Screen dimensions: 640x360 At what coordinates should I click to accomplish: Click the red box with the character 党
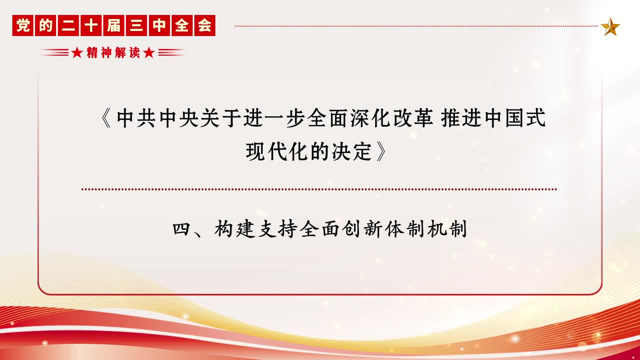[23, 25]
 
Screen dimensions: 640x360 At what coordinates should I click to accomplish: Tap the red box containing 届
[113, 25]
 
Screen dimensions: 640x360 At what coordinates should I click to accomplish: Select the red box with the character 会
[205, 25]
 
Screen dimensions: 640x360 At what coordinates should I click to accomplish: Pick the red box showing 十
[91, 25]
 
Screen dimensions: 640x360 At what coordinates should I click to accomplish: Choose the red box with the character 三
[136, 25]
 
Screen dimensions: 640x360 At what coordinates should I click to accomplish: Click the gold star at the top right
[610, 27]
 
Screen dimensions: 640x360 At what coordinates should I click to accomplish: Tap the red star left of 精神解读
[77, 52]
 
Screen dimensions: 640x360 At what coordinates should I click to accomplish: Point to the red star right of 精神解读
[149, 52]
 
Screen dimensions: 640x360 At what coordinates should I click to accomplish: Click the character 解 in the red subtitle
[120, 52]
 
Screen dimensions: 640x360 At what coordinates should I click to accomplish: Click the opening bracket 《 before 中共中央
[106, 118]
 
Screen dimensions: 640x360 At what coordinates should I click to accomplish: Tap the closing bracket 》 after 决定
[381, 151]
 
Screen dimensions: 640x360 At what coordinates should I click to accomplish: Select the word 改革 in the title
[413, 118]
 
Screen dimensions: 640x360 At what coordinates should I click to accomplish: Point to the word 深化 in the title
[370, 118]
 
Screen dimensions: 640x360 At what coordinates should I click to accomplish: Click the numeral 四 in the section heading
[181, 229]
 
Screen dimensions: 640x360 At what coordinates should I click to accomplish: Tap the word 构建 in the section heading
[234, 229]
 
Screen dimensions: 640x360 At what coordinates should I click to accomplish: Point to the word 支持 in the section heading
[277, 229]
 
